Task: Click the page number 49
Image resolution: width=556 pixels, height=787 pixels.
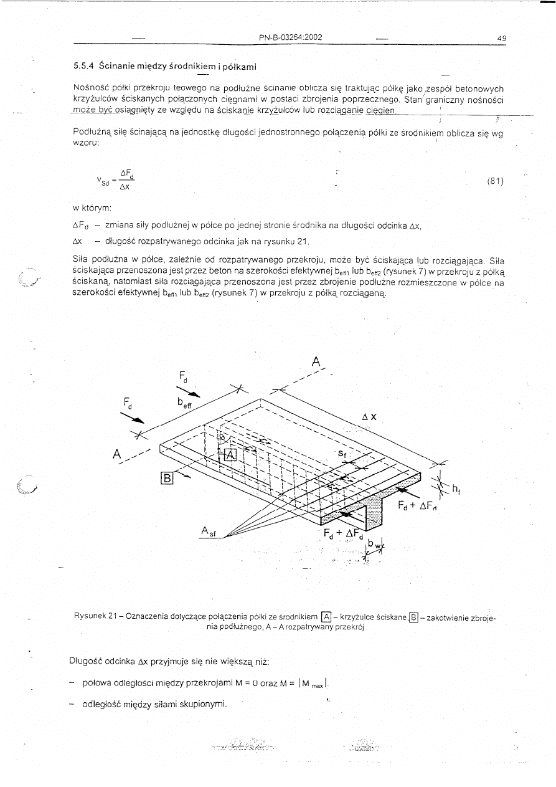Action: [501, 38]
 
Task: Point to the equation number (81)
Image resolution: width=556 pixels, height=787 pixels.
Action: [495, 181]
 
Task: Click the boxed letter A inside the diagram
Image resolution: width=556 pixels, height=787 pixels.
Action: [230, 454]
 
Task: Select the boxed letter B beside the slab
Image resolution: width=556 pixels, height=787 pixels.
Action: [167, 478]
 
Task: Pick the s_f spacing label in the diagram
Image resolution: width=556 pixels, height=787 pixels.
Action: [342, 454]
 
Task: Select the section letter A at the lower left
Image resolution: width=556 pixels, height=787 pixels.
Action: [116, 454]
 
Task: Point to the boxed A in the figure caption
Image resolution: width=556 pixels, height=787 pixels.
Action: [325, 617]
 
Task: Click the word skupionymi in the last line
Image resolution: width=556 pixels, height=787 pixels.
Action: [204, 705]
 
